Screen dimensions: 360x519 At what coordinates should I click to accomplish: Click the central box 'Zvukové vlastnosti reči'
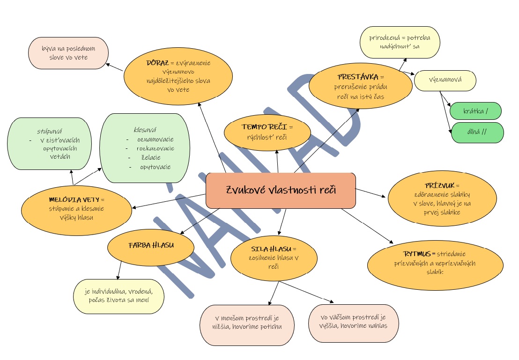pyautogui.click(x=281, y=191)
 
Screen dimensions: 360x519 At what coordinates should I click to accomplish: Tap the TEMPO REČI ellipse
pyautogui.click(x=267, y=132)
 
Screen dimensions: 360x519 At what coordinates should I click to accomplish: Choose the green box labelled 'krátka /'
pyautogui.click(x=475, y=111)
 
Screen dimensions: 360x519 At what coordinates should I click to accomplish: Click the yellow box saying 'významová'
pyautogui.click(x=445, y=80)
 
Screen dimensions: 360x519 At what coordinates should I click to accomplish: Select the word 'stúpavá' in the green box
pyautogui.click(x=50, y=131)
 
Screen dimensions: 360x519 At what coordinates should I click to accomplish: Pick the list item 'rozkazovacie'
pyautogui.click(x=156, y=148)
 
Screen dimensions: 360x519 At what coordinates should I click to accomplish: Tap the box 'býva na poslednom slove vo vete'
pyautogui.click(x=68, y=53)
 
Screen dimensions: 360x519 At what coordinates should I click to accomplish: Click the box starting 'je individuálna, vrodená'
pyautogui.click(x=119, y=296)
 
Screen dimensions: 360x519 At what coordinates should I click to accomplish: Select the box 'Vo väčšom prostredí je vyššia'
pyautogui.click(x=354, y=323)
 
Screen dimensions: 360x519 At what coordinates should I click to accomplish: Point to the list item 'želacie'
pyautogui.click(x=151, y=158)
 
